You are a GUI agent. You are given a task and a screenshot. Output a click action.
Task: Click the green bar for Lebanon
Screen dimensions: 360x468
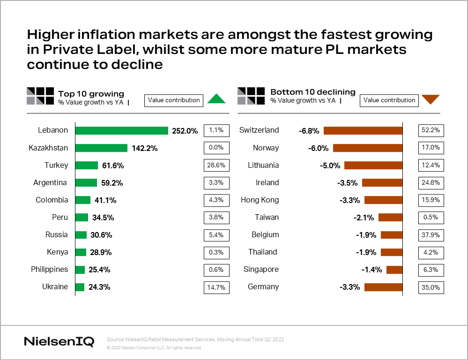click(x=121, y=131)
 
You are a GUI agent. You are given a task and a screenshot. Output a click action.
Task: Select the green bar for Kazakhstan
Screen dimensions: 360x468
click(x=101, y=148)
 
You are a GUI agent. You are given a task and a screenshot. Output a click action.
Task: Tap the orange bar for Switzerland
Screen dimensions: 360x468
click(x=363, y=131)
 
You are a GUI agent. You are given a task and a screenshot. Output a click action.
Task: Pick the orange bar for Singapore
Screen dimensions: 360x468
click(x=394, y=270)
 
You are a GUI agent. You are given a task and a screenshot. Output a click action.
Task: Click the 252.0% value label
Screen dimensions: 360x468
click(x=185, y=131)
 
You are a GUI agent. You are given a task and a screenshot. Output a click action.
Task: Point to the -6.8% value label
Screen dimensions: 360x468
click(x=309, y=131)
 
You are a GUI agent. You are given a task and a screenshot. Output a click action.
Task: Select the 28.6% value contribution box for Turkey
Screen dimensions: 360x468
click(x=216, y=165)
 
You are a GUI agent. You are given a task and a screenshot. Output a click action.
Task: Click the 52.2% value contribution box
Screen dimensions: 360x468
click(x=431, y=131)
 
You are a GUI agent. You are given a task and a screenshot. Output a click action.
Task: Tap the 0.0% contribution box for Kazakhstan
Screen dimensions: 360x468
click(x=216, y=148)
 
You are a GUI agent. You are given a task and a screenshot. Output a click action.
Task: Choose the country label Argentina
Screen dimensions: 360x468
click(x=51, y=183)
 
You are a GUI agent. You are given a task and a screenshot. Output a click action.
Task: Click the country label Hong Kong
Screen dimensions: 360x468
click(x=260, y=200)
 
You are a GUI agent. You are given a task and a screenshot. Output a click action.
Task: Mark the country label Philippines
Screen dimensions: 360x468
click(x=49, y=270)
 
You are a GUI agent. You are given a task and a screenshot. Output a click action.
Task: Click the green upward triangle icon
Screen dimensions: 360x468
click(x=216, y=99)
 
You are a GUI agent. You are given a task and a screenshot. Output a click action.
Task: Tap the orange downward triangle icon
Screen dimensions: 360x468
click(x=431, y=99)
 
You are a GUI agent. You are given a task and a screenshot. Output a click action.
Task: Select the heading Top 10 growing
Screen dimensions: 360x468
click(x=91, y=93)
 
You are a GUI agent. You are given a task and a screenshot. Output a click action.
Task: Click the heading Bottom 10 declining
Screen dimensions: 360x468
click(x=313, y=92)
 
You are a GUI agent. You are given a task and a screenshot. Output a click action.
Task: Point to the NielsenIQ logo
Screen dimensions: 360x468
click(x=59, y=341)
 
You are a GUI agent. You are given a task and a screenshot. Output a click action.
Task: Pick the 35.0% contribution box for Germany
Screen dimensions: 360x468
click(x=431, y=287)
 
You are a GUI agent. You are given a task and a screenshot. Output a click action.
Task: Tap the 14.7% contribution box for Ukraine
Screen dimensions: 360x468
click(x=216, y=287)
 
